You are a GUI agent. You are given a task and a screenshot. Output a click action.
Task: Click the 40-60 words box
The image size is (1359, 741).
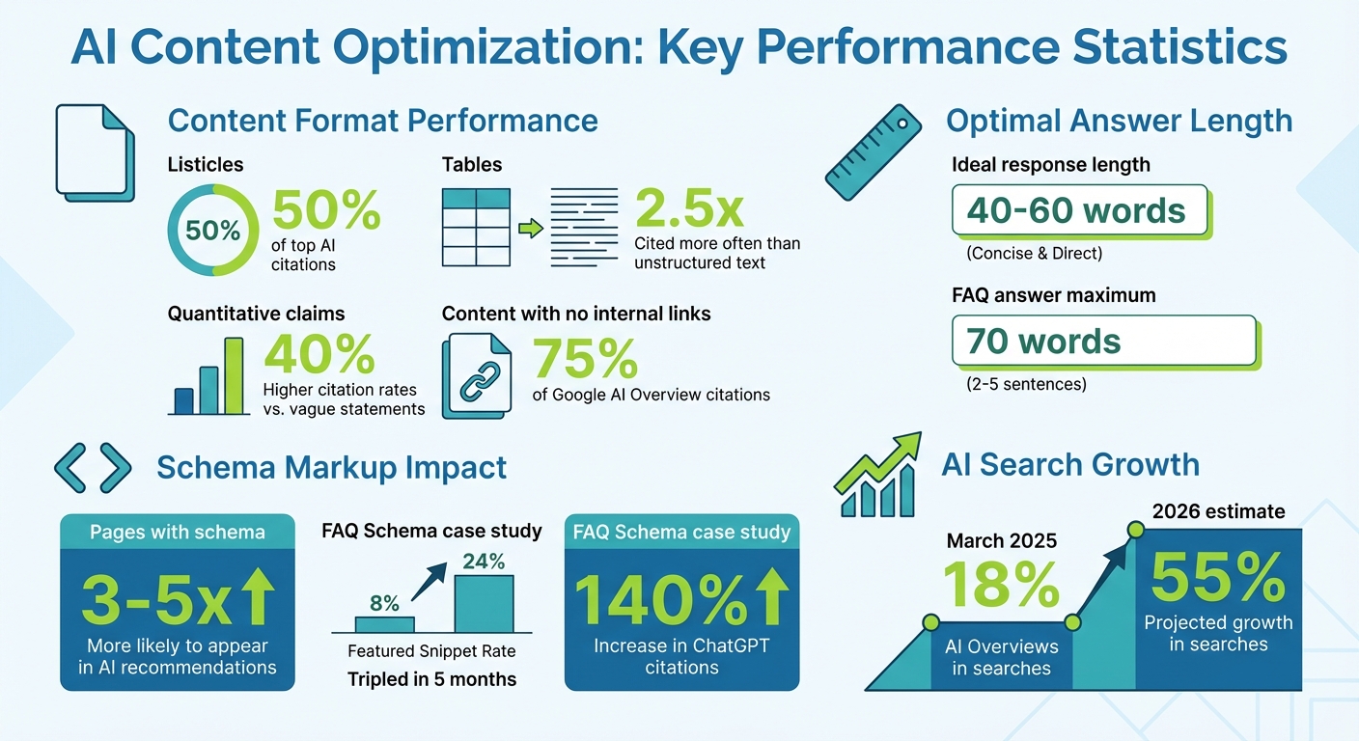(x=1079, y=211)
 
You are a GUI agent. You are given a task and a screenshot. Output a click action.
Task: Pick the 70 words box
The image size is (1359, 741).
(x=1103, y=342)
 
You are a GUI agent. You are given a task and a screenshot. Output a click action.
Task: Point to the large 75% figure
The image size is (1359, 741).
(x=585, y=359)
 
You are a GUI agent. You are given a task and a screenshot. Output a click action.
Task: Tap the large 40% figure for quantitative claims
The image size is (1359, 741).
(x=319, y=354)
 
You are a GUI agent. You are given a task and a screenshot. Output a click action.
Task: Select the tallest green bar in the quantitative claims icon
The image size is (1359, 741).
(x=234, y=375)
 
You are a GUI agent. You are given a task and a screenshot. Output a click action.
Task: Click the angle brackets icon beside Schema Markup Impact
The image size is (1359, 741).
(x=93, y=468)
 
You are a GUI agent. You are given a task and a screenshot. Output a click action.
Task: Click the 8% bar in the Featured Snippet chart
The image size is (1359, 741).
(x=384, y=623)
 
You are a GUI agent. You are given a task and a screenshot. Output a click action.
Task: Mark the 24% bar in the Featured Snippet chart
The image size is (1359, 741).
(x=484, y=603)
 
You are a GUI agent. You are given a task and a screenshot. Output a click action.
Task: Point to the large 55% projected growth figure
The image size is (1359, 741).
(x=1217, y=580)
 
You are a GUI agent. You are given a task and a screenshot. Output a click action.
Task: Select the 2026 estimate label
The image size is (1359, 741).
(x=1217, y=511)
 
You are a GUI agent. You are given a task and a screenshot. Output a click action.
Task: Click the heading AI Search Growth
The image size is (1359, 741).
(x=1070, y=465)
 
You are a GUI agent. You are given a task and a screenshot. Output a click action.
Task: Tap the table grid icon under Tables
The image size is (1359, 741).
(x=476, y=228)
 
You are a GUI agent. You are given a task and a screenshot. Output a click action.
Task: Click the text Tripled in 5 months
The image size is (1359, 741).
(x=431, y=679)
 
